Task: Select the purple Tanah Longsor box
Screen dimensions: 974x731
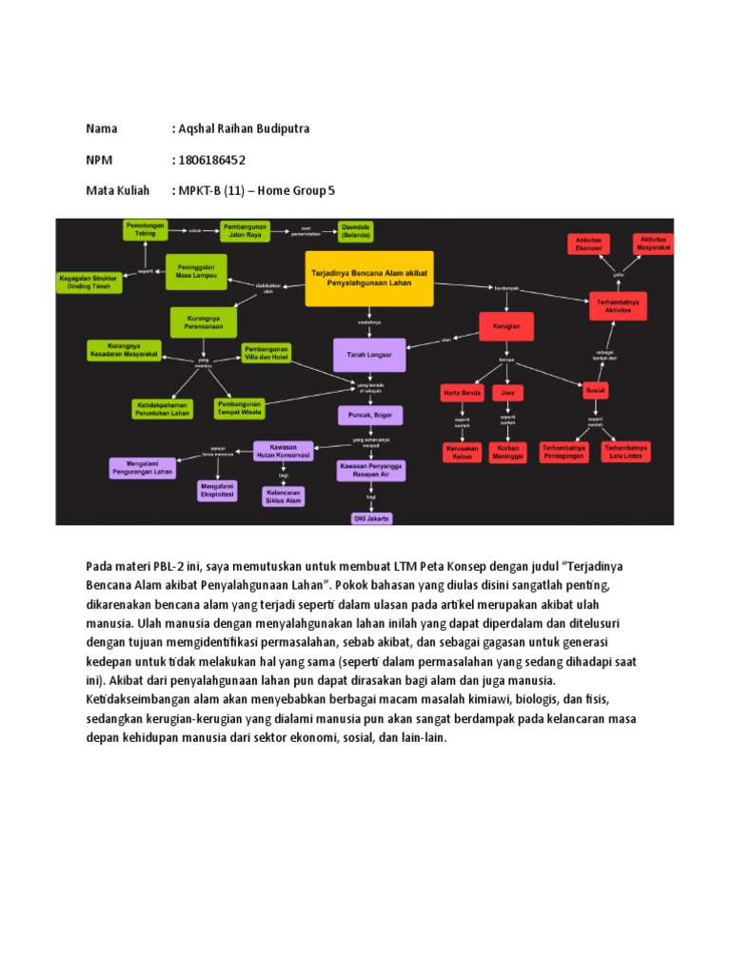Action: point(369,354)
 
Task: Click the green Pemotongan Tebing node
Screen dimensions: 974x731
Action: point(145,229)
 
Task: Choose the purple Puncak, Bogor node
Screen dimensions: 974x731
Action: point(370,415)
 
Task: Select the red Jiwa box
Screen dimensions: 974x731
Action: point(507,391)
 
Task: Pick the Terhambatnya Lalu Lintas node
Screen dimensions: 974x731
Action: point(625,451)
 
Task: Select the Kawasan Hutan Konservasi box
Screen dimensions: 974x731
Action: point(284,451)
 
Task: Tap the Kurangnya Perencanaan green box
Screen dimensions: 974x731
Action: point(204,322)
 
